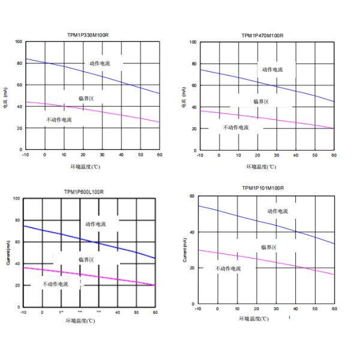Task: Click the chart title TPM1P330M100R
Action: click(x=88, y=35)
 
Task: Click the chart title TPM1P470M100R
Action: click(x=262, y=35)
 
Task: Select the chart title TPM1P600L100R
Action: click(x=84, y=192)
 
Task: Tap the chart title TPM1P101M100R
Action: click(x=263, y=188)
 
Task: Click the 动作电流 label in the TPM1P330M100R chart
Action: click(x=101, y=63)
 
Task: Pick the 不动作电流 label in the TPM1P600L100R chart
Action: click(x=55, y=284)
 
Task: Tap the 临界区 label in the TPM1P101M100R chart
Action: click(x=268, y=247)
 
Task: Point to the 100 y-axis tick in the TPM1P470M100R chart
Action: click(x=193, y=42)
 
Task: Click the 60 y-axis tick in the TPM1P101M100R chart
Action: click(x=192, y=196)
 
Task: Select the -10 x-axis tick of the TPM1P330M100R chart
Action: click(x=25, y=155)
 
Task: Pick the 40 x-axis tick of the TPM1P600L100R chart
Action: click(x=117, y=312)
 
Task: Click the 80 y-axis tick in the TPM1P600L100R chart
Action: click(x=17, y=221)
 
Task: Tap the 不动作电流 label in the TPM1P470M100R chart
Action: click(x=236, y=127)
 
